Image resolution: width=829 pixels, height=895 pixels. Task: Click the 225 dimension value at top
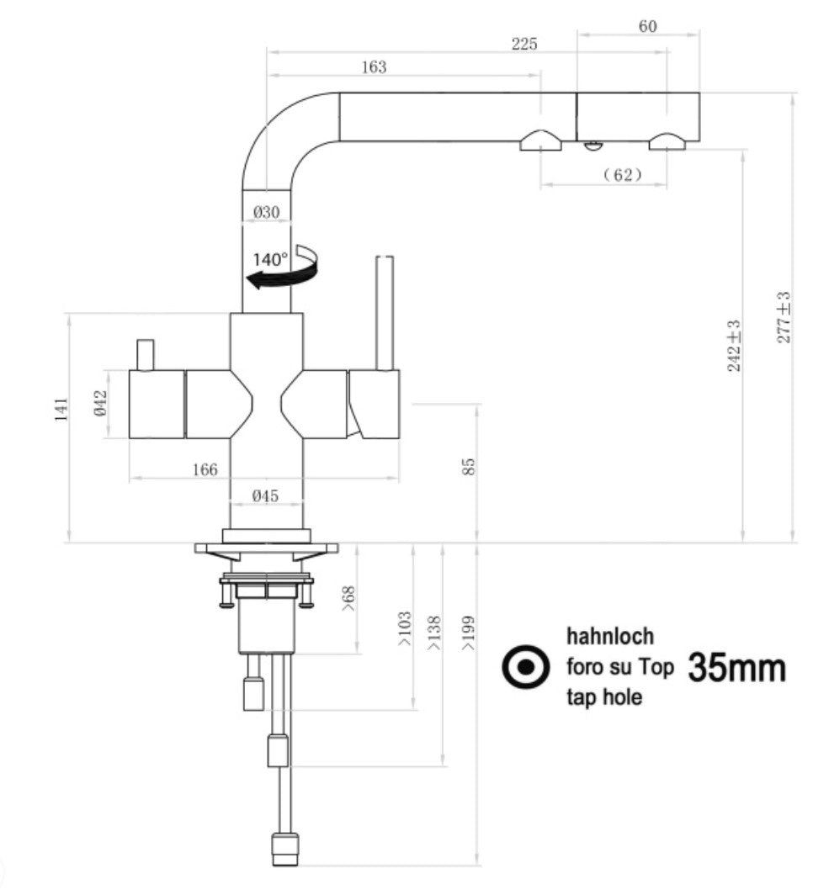click(523, 45)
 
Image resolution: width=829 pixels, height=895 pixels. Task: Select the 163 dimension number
click(374, 67)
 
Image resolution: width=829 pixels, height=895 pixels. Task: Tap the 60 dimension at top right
click(647, 27)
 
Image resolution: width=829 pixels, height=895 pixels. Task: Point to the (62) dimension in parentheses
click(623, 175)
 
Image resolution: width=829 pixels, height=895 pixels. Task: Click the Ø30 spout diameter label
click(266, 213)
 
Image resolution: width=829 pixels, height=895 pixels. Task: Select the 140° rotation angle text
click(270, 259)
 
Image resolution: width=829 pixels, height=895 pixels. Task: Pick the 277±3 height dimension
click(784, 317)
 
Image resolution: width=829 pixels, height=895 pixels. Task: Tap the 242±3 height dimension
click(734, 346)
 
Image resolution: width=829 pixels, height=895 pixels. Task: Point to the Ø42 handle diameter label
click(99, 404)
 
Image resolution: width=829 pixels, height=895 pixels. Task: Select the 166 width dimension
click(204, 469)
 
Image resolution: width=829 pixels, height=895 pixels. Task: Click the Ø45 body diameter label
click(265, 496)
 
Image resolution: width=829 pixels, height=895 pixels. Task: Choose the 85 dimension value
click(470, 466)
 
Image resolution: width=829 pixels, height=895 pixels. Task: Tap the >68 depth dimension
click(347, 600)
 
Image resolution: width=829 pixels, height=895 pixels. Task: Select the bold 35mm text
click(737, 668)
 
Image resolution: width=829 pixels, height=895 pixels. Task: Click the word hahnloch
click(610, 636)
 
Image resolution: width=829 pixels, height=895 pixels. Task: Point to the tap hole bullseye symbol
click(525, 668)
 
